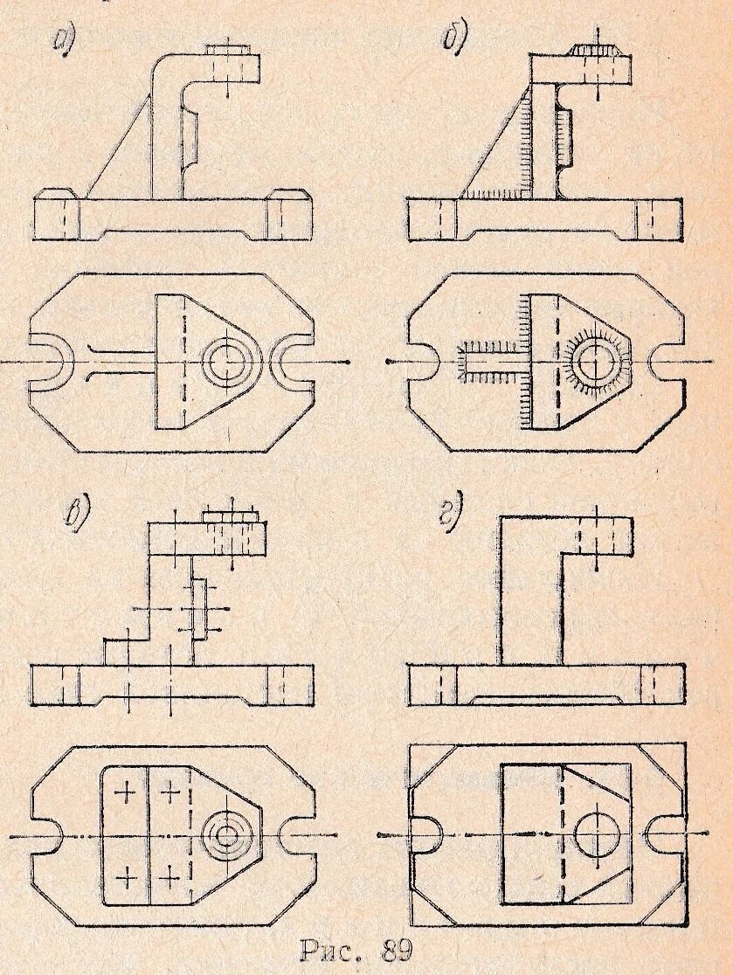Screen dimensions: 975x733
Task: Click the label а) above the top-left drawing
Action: [64, 39]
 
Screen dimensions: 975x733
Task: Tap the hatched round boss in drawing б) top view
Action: [596, 360]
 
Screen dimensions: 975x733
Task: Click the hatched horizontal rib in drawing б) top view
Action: [489, 360]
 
